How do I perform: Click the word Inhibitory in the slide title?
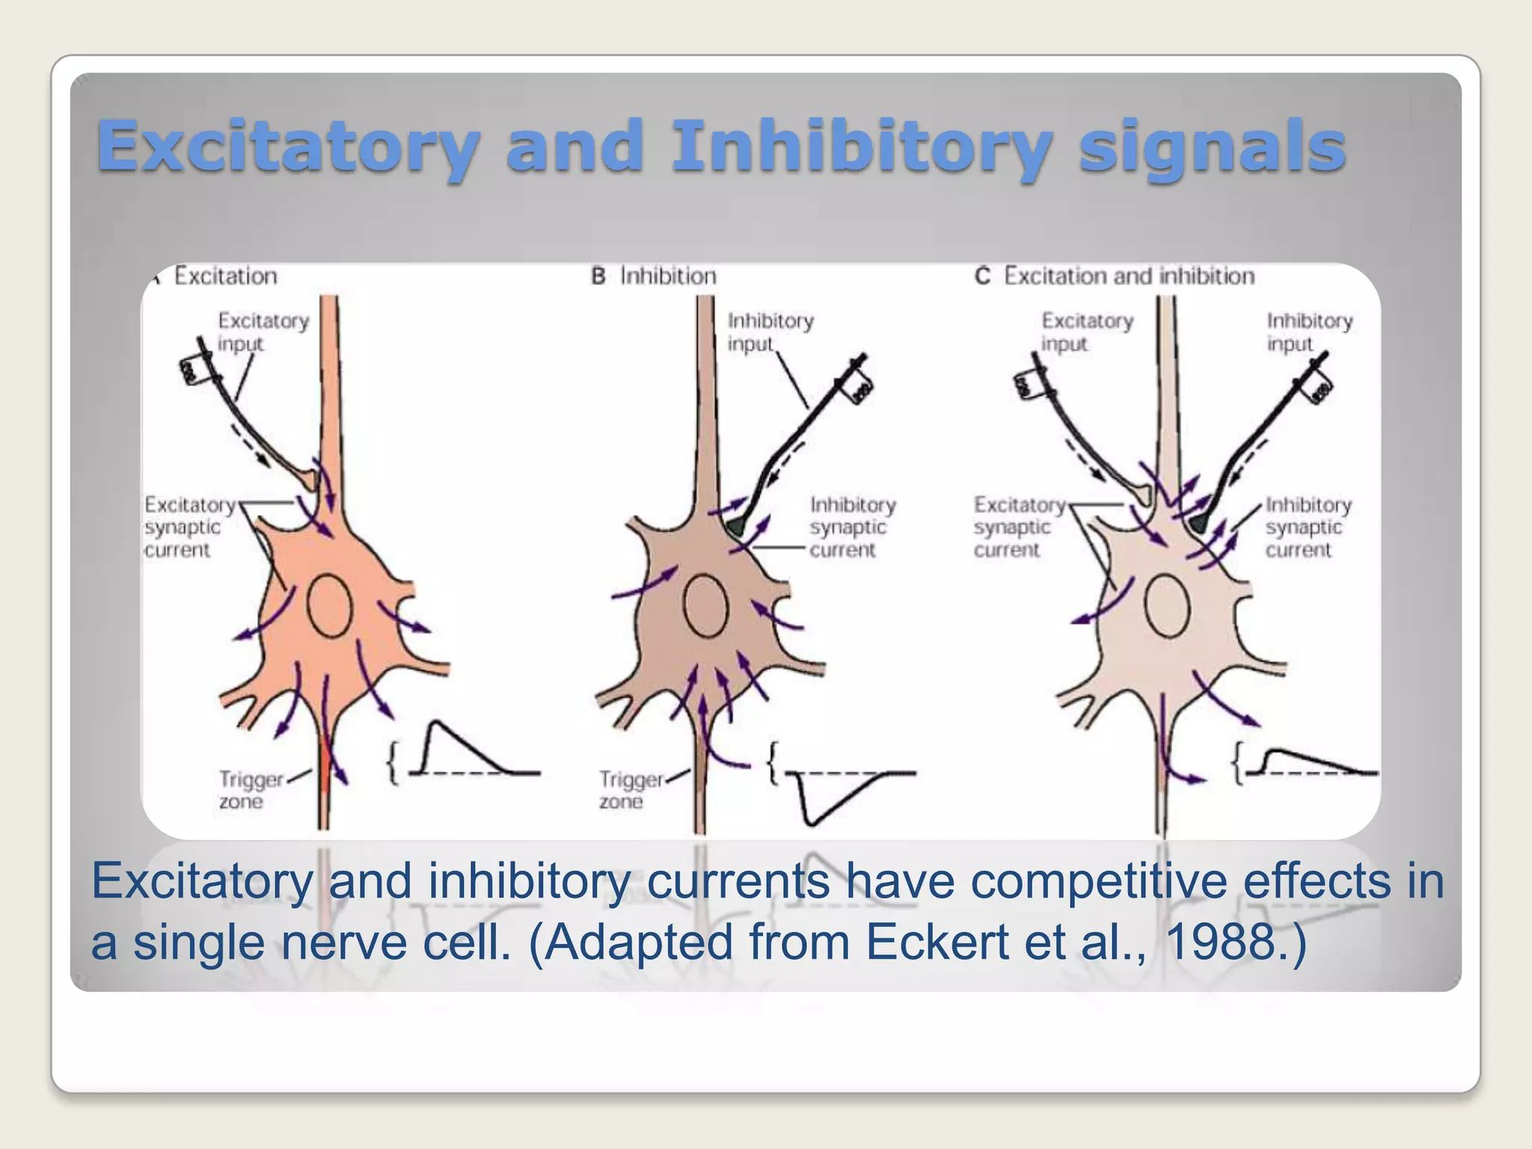[860, 146]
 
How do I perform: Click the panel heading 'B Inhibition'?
[654, 276]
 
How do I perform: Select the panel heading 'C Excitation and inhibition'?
[1115, 276]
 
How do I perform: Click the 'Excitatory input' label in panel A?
[262, 332]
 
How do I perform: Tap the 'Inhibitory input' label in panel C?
[1309, 332]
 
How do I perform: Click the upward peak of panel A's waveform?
[435, 723]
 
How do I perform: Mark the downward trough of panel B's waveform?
[810, 822]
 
